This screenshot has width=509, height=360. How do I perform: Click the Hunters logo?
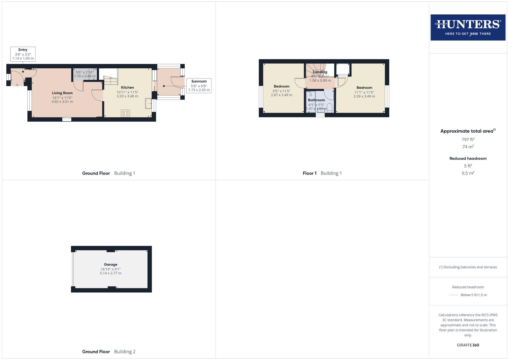click(x=468, y=27)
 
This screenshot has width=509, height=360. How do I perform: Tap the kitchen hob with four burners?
click(x=125, y=113)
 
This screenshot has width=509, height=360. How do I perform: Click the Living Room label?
click(x=62, y=93)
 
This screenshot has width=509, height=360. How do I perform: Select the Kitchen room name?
click(x=127, y=87)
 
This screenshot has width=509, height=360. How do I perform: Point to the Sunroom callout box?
click(x=199, y=86)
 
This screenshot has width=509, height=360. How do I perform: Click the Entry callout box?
click(x=23, y=54)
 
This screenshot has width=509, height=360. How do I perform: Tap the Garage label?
click(x=111, y=264)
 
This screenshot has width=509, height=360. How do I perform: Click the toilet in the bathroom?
click(x=329, y=107)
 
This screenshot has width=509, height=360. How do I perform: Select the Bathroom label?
click(x=316, y=100)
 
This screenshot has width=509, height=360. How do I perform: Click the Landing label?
click(x=320, y=72)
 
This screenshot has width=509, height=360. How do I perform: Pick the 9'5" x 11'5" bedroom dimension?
click(x=281, y=91)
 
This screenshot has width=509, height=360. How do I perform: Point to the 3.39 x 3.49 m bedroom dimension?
click(x=364, y=96)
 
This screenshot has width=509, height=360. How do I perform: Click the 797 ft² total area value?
click(x=468, y=139)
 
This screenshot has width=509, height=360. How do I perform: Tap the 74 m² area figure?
click(x=468, y=147)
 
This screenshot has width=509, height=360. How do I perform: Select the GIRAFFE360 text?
click(x=468, y=345)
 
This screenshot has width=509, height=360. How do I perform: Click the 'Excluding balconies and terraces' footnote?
click(x=468, y=267)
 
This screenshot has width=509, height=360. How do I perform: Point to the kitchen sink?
click(x=148, y=104)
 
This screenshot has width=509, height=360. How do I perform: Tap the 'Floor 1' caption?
click(x=309, y=173)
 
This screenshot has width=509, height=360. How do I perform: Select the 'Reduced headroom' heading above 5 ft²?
click(x=468, y=158)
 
